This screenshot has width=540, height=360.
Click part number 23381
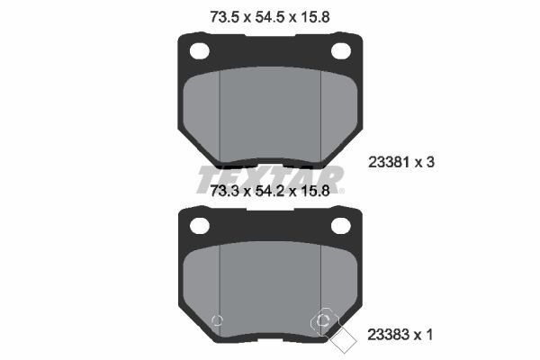tap(389, 163)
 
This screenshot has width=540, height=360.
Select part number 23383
tap(389, 335)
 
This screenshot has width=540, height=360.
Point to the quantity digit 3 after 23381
tap(431, 163)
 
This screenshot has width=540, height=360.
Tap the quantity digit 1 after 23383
tap(431, 335)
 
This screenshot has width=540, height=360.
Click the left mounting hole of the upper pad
tap(199, 50)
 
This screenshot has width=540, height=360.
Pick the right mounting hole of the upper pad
tap(341, 50)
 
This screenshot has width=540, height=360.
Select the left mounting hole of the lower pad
tap(199, 224)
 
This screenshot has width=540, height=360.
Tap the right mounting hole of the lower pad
tap(341, 224)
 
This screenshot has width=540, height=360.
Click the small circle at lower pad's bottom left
tap(214, 322)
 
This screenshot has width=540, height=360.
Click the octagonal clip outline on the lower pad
tap(326, 321)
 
